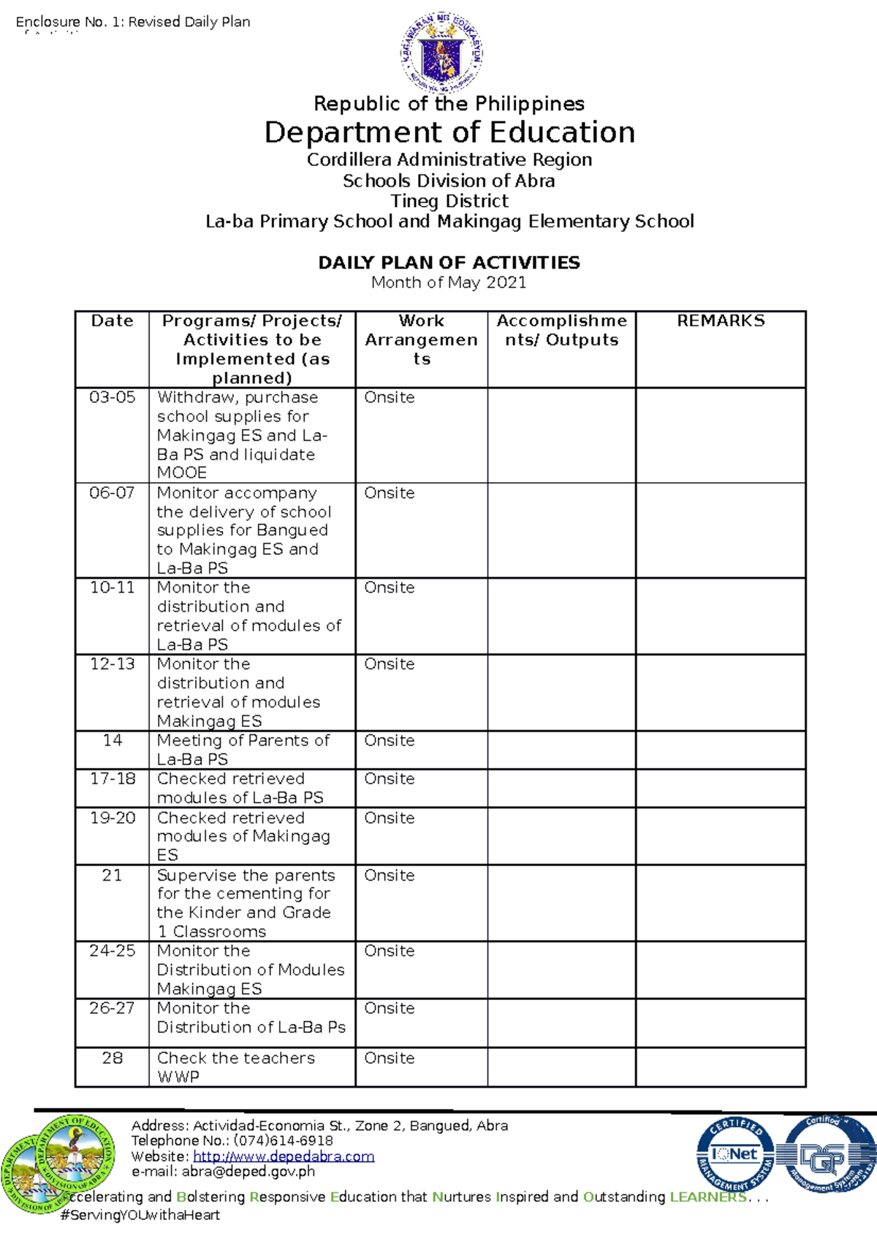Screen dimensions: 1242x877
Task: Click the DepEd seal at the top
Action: point(441,53)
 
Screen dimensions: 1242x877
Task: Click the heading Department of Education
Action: point(449,132)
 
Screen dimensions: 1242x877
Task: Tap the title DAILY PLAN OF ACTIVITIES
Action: point(449,263)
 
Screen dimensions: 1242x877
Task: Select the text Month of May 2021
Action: point(449,282)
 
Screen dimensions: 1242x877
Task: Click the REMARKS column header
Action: point(721,321)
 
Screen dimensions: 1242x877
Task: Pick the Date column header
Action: point(112,321)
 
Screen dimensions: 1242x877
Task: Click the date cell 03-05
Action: point(112,397)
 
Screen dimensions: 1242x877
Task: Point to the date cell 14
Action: point(112,740)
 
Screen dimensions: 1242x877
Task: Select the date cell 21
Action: point(112,875)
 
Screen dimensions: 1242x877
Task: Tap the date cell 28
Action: point(112,1058)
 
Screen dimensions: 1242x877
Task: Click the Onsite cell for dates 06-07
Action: point(390,493)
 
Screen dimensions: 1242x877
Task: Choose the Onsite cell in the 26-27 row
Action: point(390,1008)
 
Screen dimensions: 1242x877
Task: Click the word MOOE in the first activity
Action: point(182,473)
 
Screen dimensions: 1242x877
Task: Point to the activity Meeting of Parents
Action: point(243,741)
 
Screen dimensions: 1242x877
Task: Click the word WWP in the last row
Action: point(178,1077)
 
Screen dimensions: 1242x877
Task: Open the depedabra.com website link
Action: point(284,1156)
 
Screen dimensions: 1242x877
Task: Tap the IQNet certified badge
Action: point(734,1155)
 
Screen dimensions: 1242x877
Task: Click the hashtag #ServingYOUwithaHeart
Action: point(140,1215)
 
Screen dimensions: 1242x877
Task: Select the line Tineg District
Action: point(449,201)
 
